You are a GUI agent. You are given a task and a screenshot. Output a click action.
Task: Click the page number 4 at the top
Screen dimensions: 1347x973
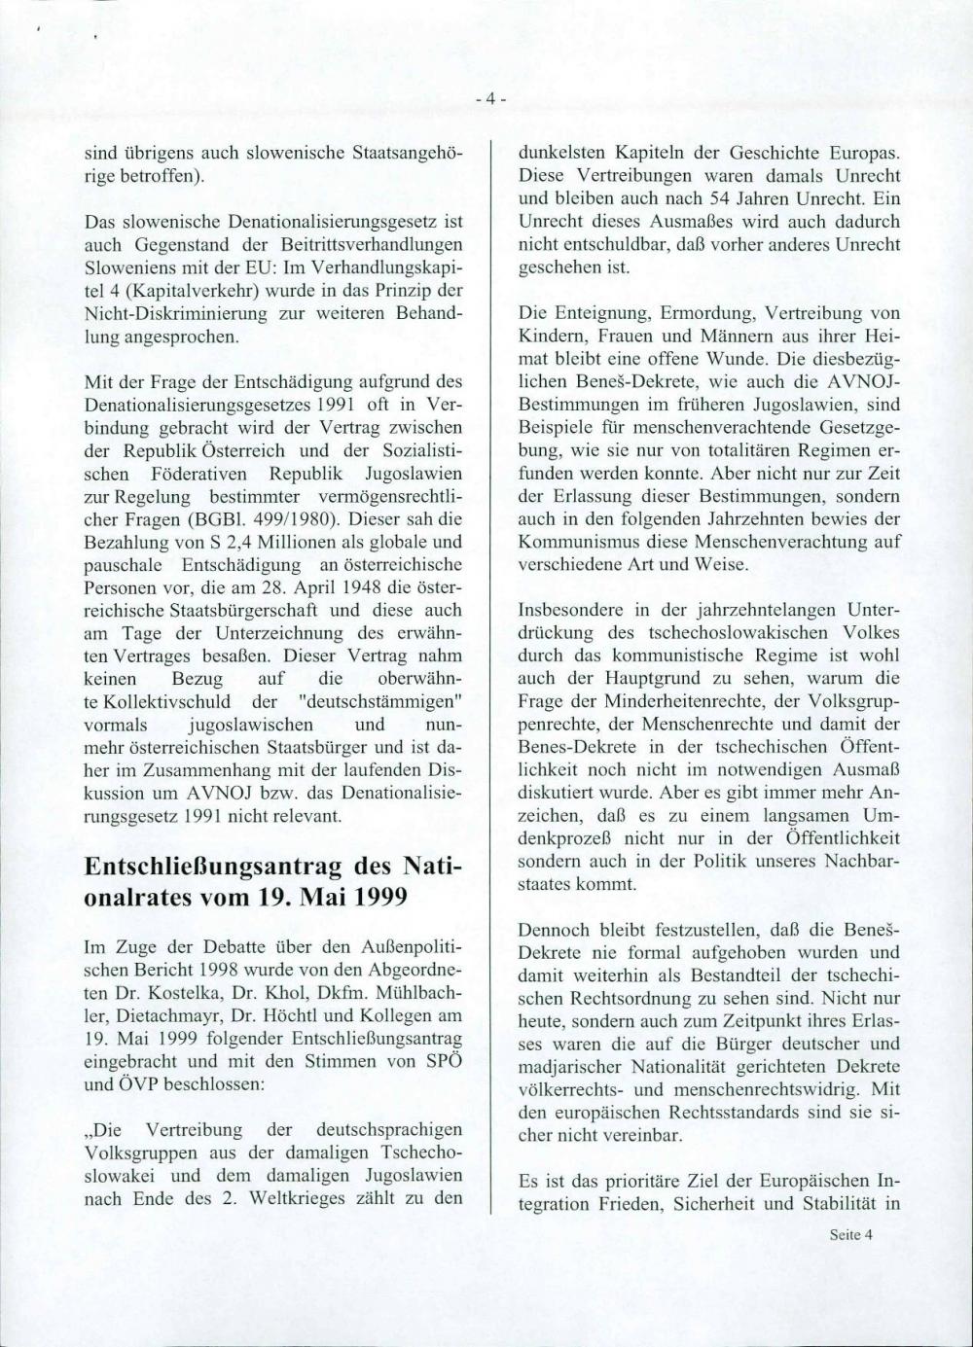coord(491,98)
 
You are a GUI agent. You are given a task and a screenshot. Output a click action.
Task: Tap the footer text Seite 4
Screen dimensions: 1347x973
coord(851,1235)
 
